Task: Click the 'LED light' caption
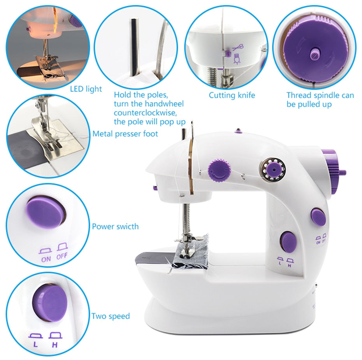[x=86, y=89]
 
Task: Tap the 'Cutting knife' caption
[x=232, y=95]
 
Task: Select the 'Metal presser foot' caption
[x=125, y=134]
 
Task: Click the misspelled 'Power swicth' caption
[x=115, y=226]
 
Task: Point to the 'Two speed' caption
[x=111, y=316]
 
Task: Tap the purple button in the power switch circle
[x=44, y=212]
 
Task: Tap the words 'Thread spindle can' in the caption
[x=320, y=95]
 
